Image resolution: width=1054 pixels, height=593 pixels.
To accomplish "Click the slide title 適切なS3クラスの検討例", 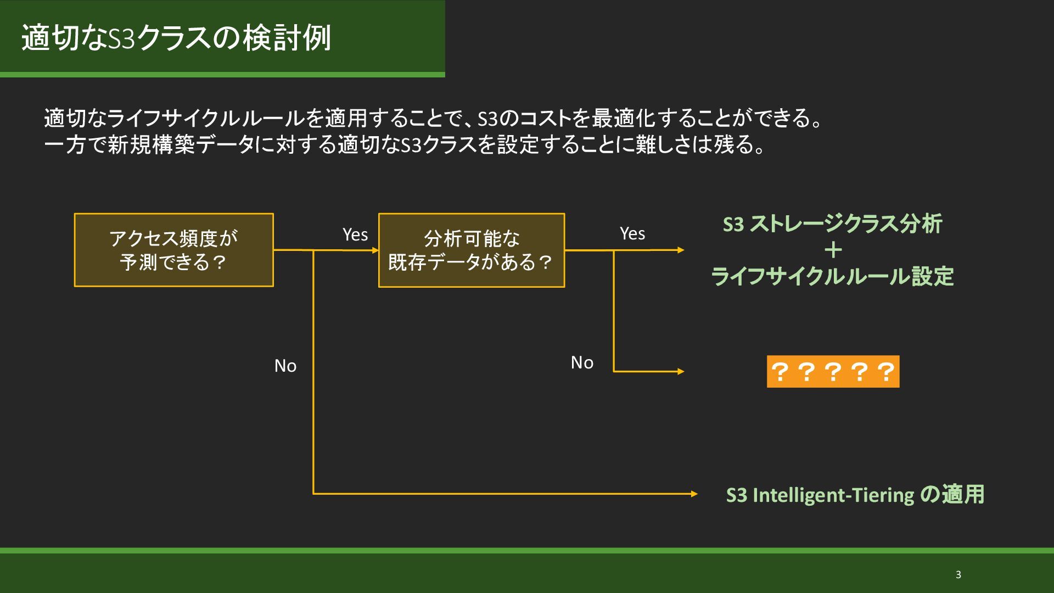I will [176, 37].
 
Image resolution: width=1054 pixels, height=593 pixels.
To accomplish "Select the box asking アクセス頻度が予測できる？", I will [173, 250].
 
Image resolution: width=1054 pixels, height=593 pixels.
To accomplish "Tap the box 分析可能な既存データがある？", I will [471, 250].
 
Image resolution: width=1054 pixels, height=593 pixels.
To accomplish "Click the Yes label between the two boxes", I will [355, 234].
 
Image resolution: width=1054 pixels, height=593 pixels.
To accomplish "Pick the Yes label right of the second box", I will [632, 233].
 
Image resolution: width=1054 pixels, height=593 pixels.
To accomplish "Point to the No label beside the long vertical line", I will [285, 366].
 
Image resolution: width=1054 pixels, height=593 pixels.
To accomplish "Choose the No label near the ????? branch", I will [582, 362].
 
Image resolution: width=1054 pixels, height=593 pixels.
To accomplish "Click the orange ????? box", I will [833, 372].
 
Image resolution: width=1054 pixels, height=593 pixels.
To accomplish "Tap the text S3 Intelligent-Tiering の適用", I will [855, 495].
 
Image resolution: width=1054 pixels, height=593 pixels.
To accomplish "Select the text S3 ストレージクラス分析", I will [832, 224].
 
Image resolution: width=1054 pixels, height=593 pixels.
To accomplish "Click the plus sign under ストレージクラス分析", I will [833, 250].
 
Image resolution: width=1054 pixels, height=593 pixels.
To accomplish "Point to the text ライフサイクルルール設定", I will [832, 276].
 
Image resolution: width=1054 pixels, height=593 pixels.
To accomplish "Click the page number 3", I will [958, 575].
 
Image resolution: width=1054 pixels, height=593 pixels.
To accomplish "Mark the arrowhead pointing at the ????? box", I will [681, 372].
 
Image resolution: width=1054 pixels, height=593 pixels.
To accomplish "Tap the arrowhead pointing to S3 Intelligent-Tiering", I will [694, 494].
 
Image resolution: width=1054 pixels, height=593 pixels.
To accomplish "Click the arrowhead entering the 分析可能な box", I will [375, 250].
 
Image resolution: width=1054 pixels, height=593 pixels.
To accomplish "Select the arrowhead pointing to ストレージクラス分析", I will [681, 250].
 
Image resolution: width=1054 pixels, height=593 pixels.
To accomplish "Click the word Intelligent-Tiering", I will [833, 495].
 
